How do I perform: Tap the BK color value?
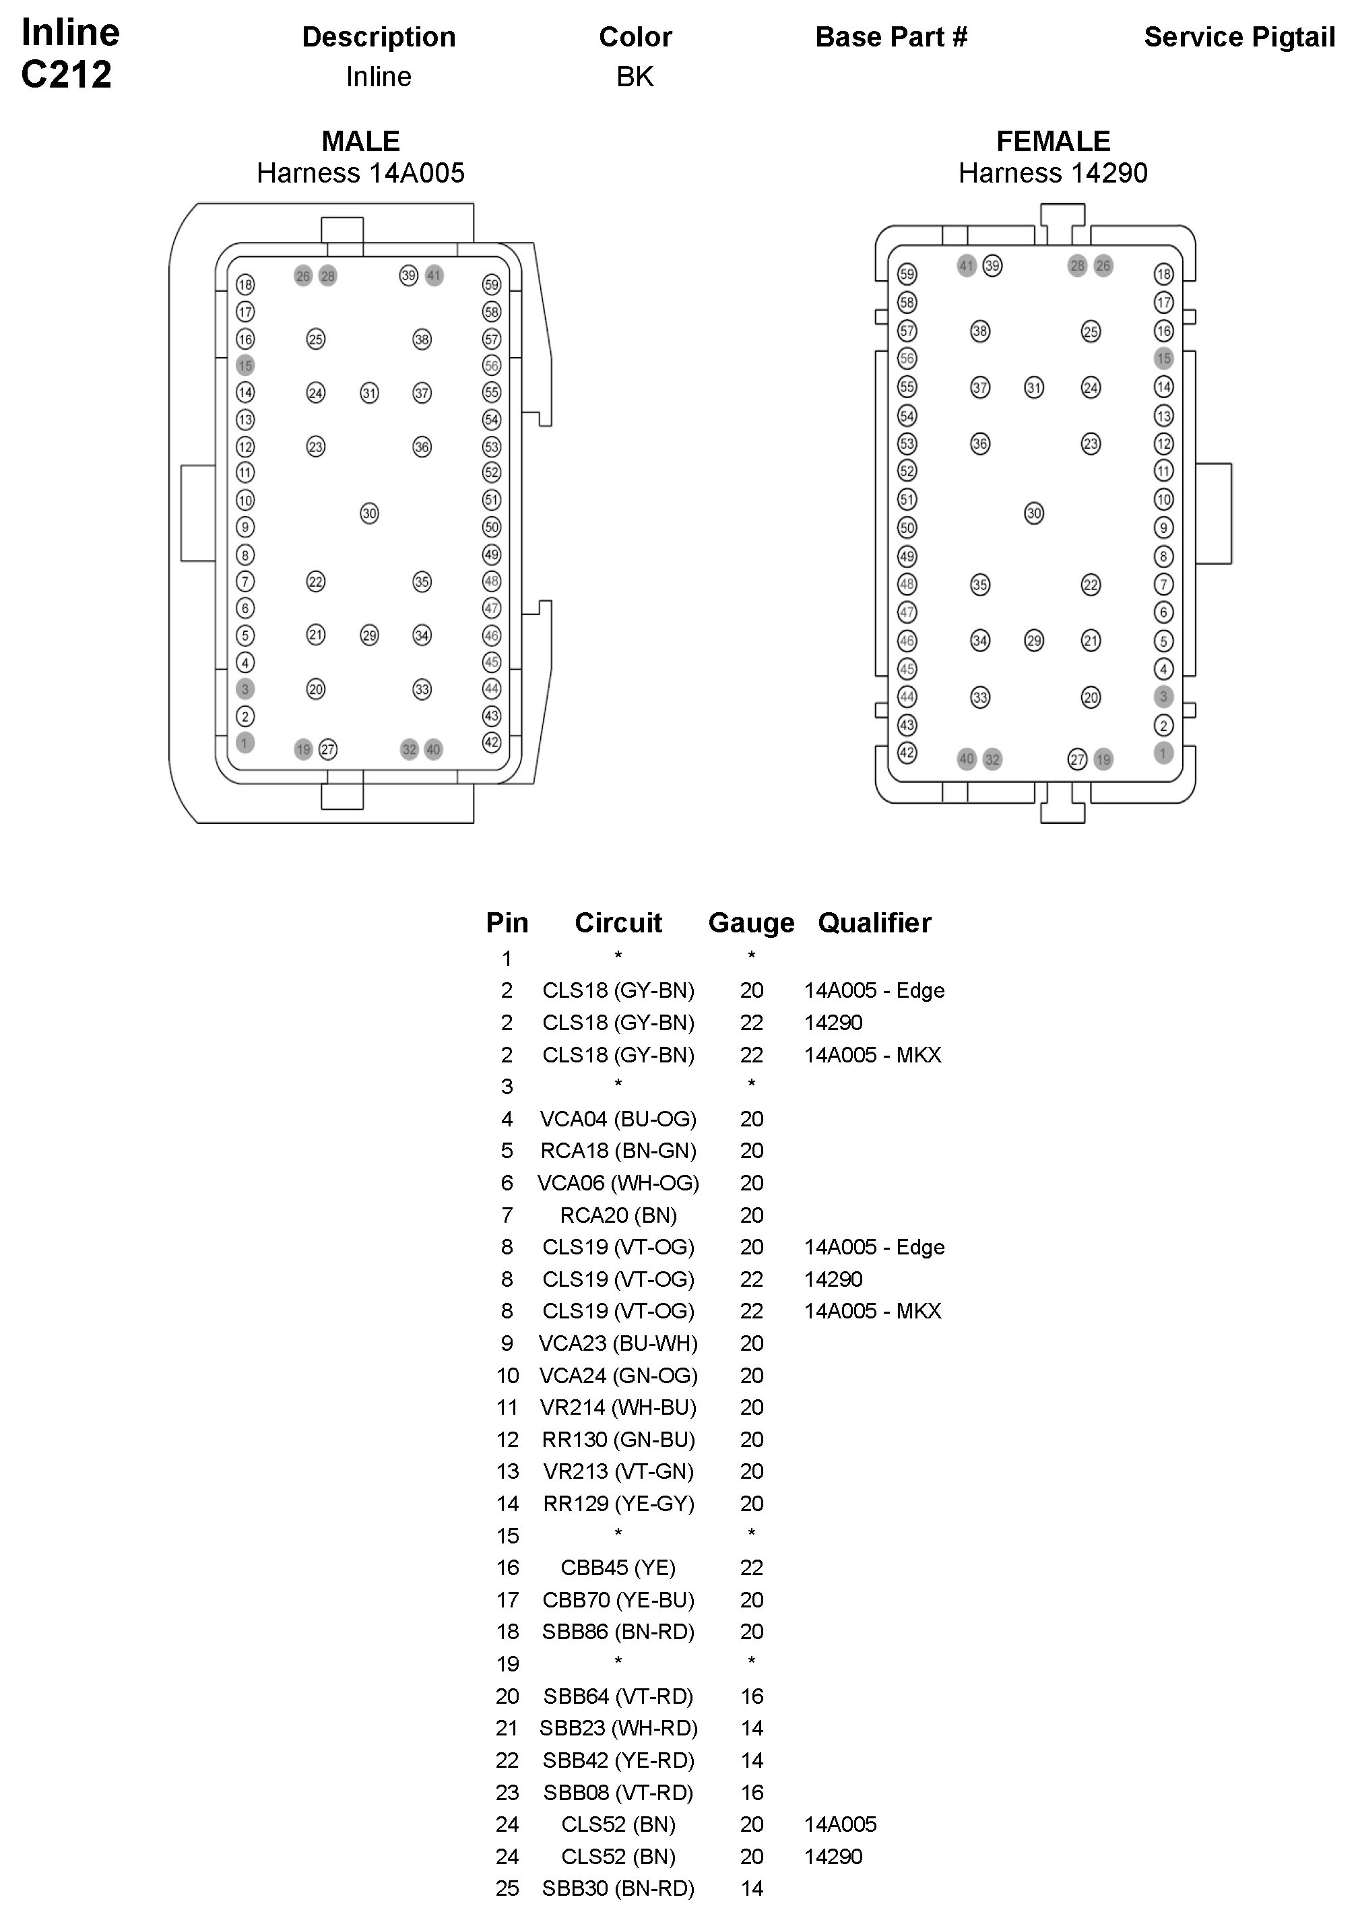coord(635,77)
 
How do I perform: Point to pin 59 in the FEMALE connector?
coord(907,274)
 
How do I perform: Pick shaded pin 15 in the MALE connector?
coord(245,365)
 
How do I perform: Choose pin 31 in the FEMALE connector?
coord(1035,387)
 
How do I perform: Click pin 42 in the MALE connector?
coord(492,742)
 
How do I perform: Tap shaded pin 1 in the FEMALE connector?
coord(1163,753)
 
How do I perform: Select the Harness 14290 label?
coord(1053,173)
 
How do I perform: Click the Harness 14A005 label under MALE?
coord(360,173)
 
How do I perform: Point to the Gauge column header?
coord(751,922)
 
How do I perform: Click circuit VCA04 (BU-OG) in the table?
coord(618,1119)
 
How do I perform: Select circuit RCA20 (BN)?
coord(618,1215)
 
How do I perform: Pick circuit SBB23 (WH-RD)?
coord(618,1728)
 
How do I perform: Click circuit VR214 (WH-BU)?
coord(618,1407)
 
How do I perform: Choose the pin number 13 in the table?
coord(508,1471)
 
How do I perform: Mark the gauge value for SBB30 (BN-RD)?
coord(751,1888)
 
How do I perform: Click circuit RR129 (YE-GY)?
coord(618,1504)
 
